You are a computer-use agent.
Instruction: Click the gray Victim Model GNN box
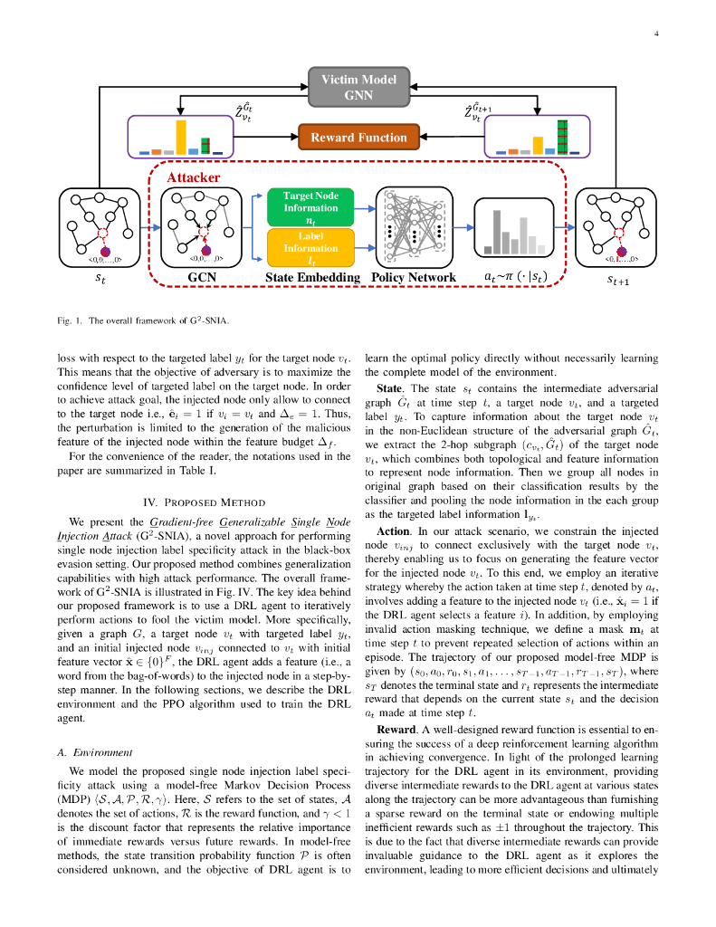coord(358,88)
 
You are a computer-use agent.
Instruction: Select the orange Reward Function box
coord(358,138)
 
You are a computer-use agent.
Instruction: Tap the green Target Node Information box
coord(310,206)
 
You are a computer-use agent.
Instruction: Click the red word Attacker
coord(192,178)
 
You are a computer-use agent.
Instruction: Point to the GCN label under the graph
coord(201,276)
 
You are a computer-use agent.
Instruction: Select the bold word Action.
coord(393,530)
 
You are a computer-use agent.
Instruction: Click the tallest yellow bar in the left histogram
coord(181,136)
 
